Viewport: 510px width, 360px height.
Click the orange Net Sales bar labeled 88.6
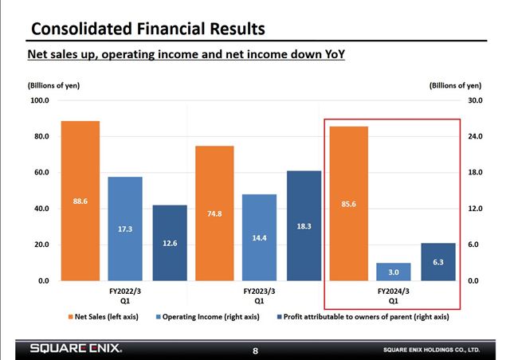pyautogui.click(x=80, y=201)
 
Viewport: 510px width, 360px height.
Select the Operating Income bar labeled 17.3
pyautogui.click(x=124, y=229)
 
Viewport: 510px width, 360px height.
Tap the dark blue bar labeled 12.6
pyautogui.click(x=169, y=243)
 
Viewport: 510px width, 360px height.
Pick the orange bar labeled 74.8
pyautogui.click(x=214, y=213)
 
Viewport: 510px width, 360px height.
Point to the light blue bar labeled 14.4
pyautogui.click(x=259, y=237)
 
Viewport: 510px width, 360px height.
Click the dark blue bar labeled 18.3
pyautogui.click(x=304, y=225)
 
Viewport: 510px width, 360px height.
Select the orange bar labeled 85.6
pyautogui.click(x=347, y=204)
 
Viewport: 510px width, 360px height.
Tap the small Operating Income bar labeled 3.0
pyautogui.click(x=394, y=272)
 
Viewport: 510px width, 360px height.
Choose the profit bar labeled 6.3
pyautogui.click(x=438, y=262)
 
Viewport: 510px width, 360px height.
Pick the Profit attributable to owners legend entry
pyautogui.click(x=362, y=317)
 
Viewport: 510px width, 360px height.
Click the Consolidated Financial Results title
pyautogui.click(x=147, y=30)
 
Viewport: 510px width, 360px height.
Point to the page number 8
pyautogui.click(x=255, y=350)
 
